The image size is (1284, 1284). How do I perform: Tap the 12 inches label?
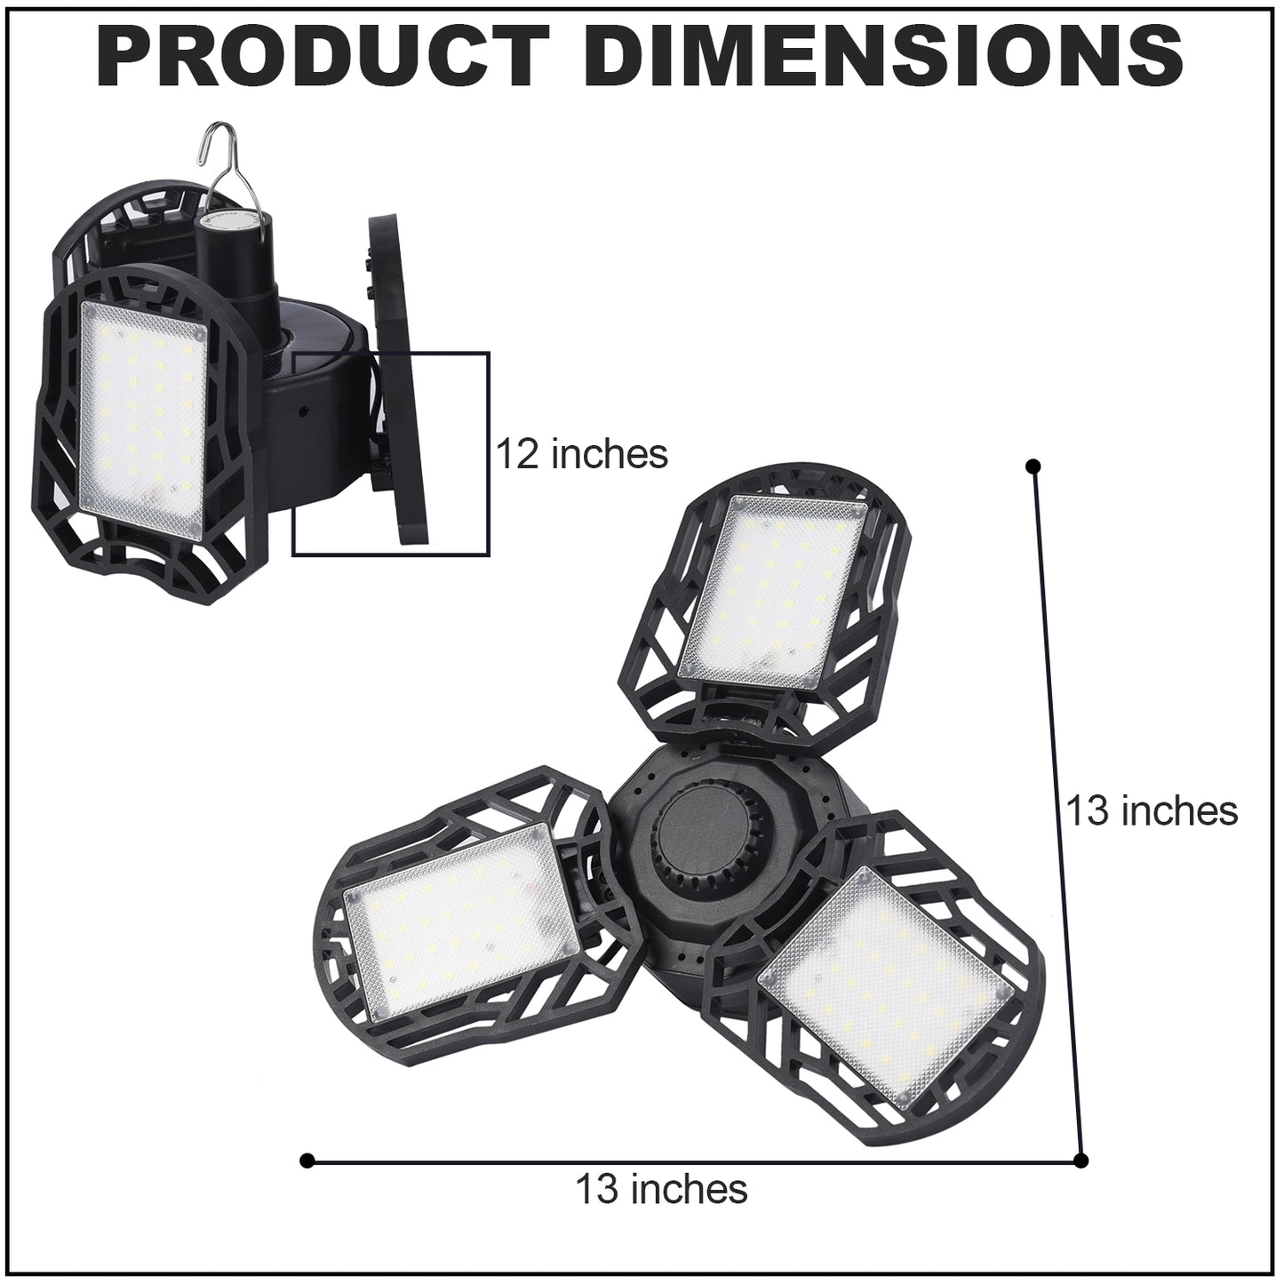click(581, 455)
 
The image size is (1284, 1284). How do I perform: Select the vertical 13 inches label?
click(1152, 810)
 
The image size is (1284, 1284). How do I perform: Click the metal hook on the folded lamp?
click(212, 160)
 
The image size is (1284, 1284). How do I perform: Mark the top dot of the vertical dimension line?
click(1033, 467)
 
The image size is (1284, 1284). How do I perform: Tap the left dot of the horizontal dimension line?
click(307, 1160)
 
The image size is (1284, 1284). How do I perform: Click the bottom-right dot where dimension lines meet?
click(1081, 1160)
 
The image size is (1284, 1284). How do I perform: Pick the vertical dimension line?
click(1057, 813)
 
